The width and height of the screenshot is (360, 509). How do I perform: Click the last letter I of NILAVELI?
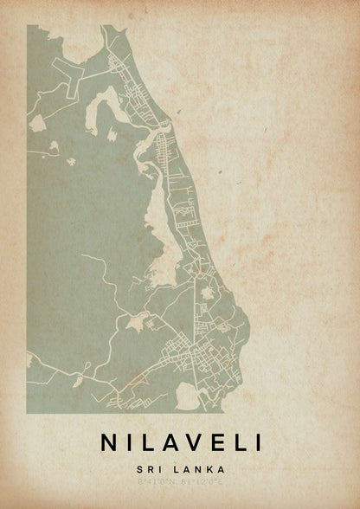255,441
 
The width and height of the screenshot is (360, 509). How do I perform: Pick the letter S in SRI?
138,469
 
